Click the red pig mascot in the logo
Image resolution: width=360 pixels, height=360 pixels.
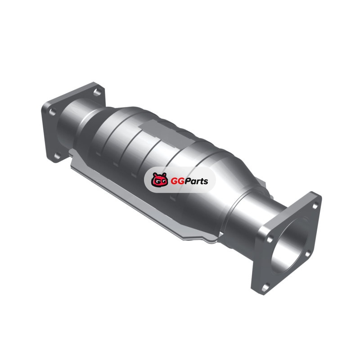[159, 180]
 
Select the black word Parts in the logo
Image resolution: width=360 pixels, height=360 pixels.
[197, 181]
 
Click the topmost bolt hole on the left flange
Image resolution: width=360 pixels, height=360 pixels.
[97, 92]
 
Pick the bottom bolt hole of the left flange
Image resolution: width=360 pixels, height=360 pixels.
[57, 156]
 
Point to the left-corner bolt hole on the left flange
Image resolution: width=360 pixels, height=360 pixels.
[52, 112]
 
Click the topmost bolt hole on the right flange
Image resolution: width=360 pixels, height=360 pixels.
[315, 206]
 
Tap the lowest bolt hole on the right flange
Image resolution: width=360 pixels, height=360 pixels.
[265, 288]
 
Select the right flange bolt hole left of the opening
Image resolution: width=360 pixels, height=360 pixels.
[270, 239]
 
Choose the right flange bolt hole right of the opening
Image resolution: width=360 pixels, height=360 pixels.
[307, 253]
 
